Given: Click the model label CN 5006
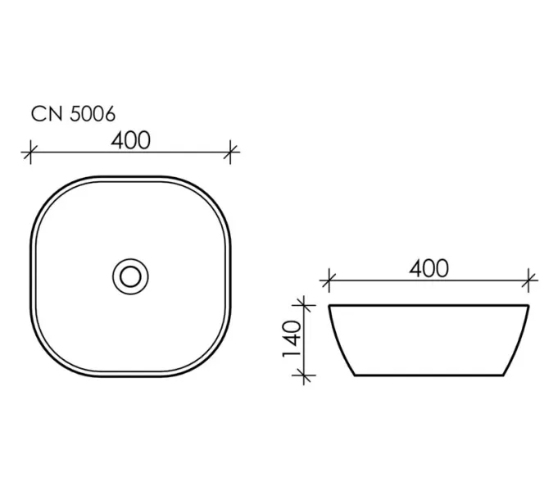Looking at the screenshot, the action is (x=73, y=114).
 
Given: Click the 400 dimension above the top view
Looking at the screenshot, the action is (x=131, y=140).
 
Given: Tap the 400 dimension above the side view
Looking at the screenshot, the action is (x=428, y=268).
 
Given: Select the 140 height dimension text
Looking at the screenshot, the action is (x=292, y=339).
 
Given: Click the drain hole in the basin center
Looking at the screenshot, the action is (x=130, y=276).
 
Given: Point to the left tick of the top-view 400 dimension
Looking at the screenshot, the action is (x=30, y=153).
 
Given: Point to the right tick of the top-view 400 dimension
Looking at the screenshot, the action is (x=230, y=153).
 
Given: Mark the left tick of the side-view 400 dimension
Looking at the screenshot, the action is (x=329, y=280).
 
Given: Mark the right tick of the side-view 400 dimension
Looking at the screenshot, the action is (x=528, y=280).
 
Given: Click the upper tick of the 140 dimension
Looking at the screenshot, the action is (x=304, y=305).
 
